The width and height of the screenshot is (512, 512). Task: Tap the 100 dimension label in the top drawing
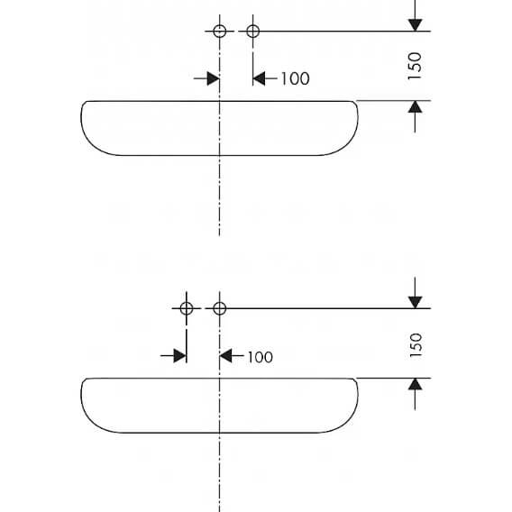pyautogui.click(x=295, y=78)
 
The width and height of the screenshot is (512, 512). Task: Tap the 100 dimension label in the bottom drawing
pyautogui.click(x=261, y=357)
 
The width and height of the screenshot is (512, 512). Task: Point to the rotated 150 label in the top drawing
pyautogui.click(x=415, y=66)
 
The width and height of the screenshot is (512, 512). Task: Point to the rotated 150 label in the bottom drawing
pyautogui.click(x=416, y=345)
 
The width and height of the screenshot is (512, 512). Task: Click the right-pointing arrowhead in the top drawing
pyautogui.click(x=214, y=78)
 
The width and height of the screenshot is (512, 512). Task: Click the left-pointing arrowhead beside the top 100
pyautogui.click(x=259, y=78)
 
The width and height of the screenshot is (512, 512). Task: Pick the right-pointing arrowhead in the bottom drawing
pyautogui.click(x=180, y=355)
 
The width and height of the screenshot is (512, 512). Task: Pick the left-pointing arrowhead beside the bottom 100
pyautogui.click(x=225, y=355)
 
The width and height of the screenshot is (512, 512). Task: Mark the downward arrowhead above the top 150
pyautogui.click(x=415, y=25)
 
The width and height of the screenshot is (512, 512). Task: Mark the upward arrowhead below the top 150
pyautogui.click(x=415, y=106)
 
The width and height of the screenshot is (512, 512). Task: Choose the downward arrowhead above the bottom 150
pyautogui.click(x=415, y=302)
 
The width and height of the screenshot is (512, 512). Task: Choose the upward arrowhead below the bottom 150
pyautogui.click(x=415, y=384)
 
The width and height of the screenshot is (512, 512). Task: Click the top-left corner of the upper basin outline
pyautogui.click(x=87, y=102)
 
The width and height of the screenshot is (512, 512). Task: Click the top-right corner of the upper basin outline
pyautogui.click(x=352, y=102)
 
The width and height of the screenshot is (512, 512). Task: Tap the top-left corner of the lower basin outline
pyautogui.click(x=87, y=379)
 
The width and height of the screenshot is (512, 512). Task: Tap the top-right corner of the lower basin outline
pyautogui.click(x=352, y=379)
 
